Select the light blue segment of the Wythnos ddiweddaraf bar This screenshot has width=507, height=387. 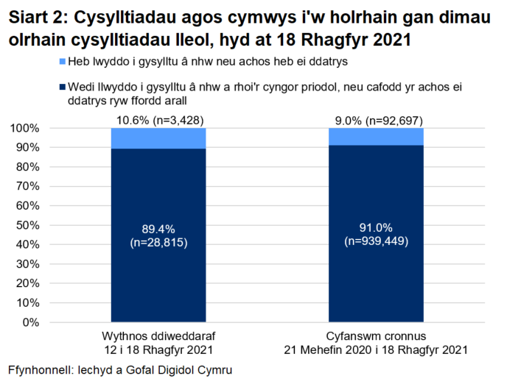click(x=158, y=138)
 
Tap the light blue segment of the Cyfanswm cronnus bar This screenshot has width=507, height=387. click(x=376, y=136)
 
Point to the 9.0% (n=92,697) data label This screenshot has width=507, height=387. click(x=375, y=121)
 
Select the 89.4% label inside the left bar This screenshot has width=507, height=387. click(x=158, y=228)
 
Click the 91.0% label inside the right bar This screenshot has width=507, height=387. click(x=376, y=227)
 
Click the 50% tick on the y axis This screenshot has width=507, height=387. click(x=29, y=225)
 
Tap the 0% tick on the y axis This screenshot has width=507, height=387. click(x=32, y=322)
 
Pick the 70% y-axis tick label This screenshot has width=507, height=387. click(x=29, y=186)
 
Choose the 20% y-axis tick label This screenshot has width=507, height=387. click(x=29, y=283)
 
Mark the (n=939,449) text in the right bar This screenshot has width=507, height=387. click(x=376, y=240)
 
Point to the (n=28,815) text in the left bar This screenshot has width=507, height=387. click(x=158, y=241)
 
